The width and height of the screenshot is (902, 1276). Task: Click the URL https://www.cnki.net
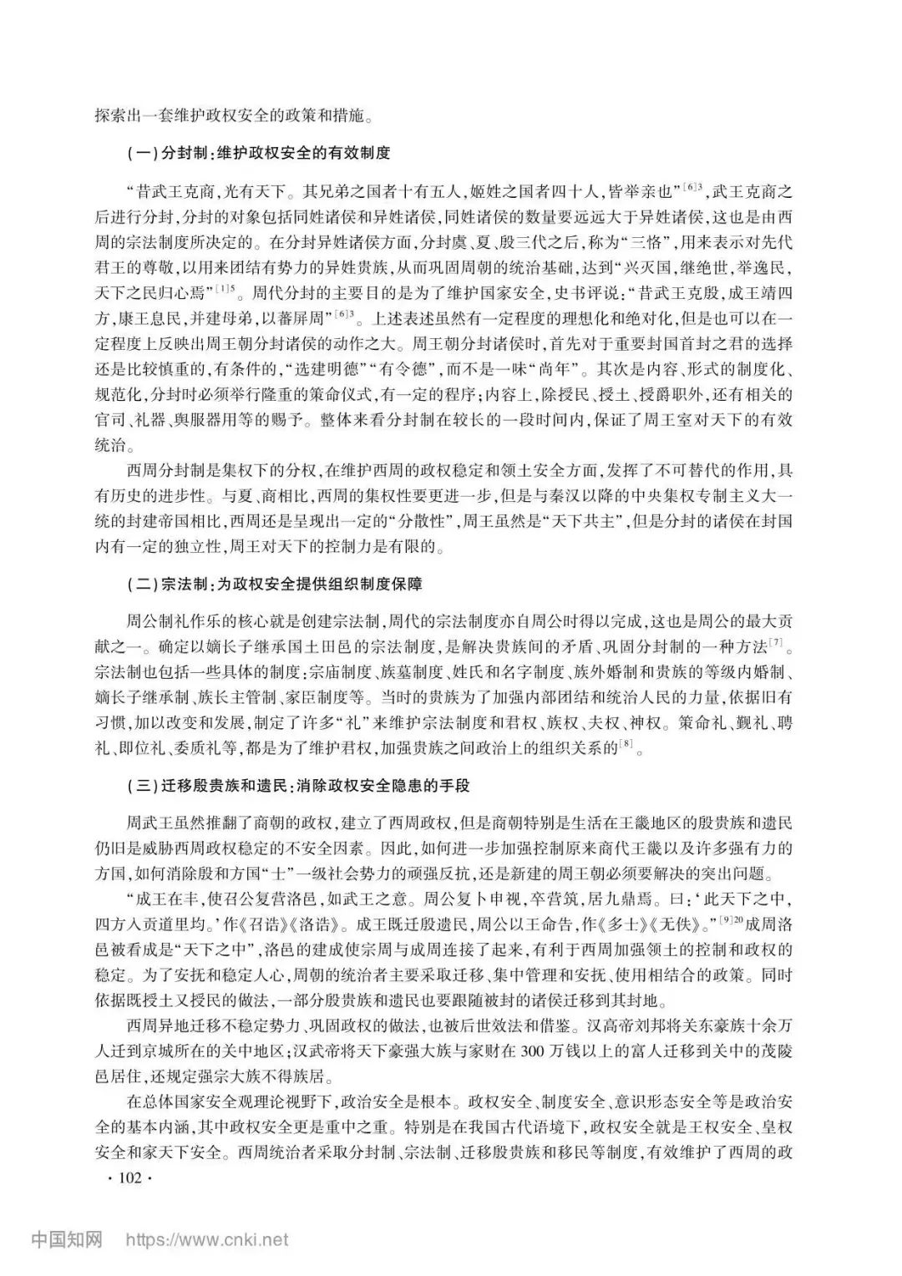tap(207, 1239)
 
